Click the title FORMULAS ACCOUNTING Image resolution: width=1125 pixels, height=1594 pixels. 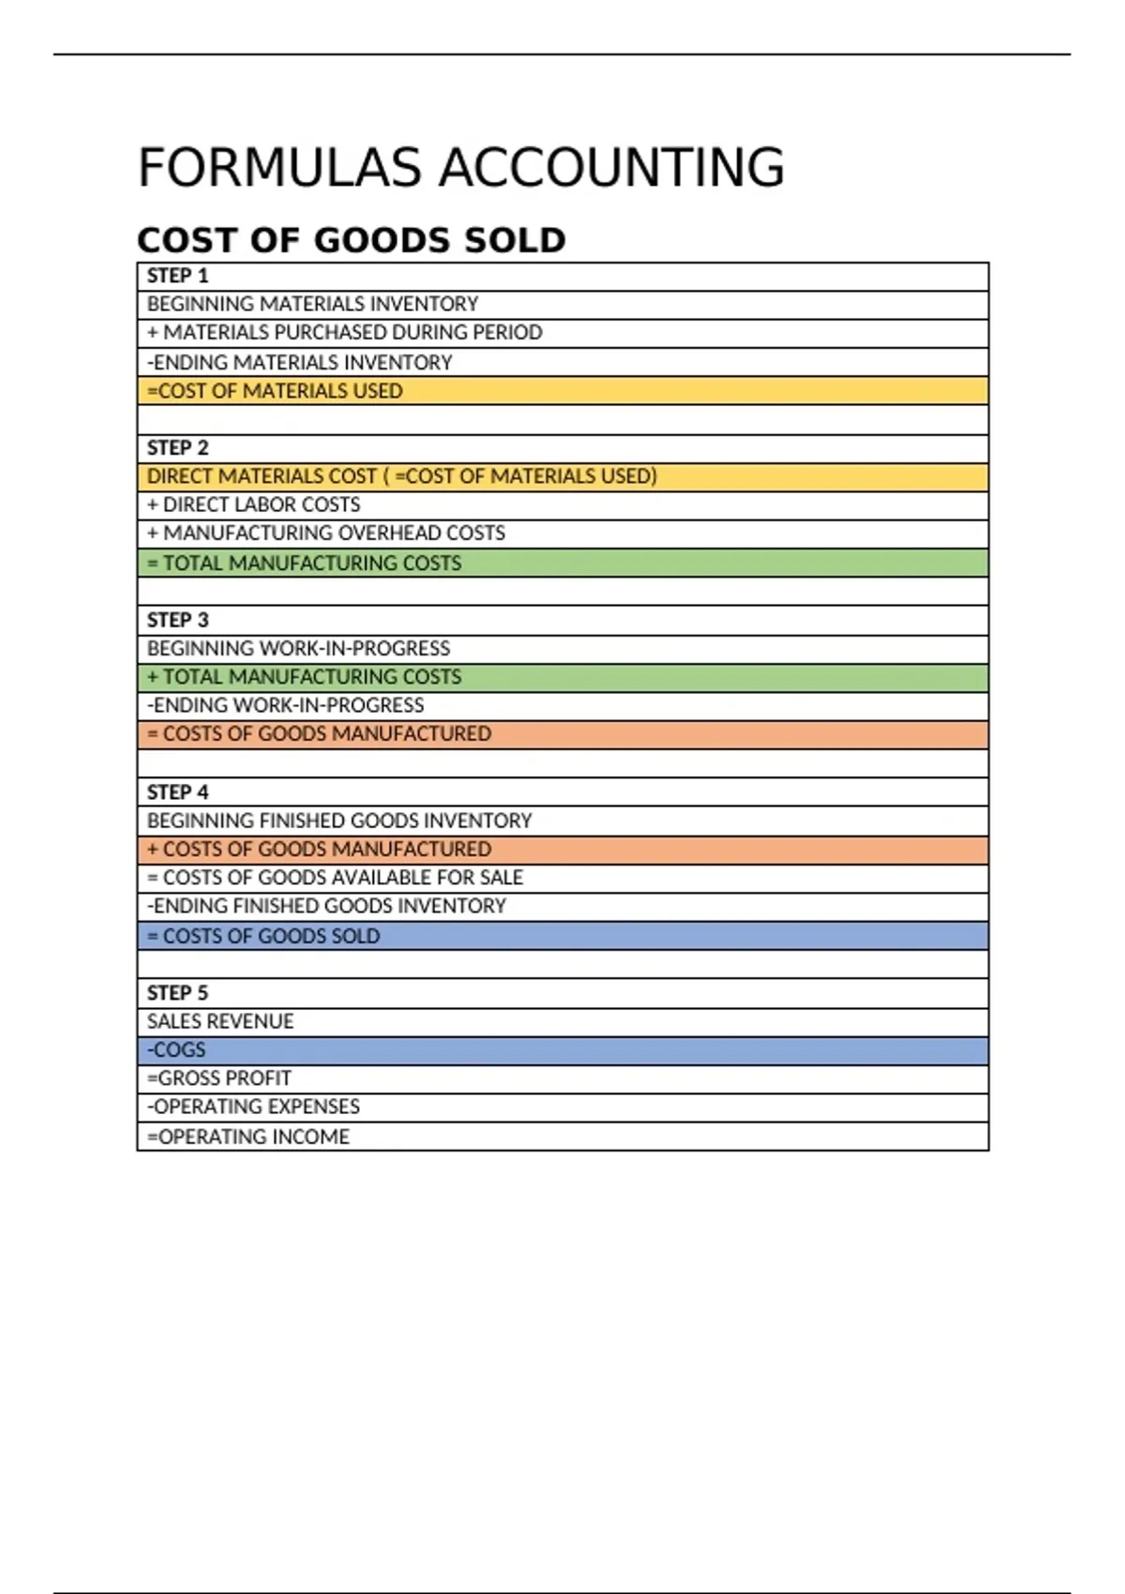(x=460, y=169)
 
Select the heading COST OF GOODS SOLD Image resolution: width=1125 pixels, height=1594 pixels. (x=352, y=240)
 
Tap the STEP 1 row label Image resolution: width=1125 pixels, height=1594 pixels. (x=178, y=276)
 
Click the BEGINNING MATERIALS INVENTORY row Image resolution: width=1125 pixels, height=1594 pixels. (x=312, y=304)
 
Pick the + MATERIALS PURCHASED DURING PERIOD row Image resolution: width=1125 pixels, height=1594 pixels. (x=344, y=333)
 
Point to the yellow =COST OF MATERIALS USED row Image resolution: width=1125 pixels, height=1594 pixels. (x=275, y=391)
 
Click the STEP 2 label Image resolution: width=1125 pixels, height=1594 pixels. (x=178, y=448)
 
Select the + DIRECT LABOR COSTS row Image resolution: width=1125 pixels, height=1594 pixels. (x=253, y=504)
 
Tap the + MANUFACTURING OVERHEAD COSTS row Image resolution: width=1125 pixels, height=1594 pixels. (x=325, y=534)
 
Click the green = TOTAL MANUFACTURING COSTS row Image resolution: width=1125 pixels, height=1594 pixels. (x=304, y=564)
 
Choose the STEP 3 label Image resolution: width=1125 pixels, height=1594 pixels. (x=178, y=621)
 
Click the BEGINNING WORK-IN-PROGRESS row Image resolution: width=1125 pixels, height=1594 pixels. (x=298, y=649)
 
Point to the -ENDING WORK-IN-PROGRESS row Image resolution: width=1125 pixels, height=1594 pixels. (x=286, y=705)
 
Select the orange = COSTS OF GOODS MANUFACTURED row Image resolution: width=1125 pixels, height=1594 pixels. (x=319, y=734)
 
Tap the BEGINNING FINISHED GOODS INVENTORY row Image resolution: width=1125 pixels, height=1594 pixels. (x=339, y=820)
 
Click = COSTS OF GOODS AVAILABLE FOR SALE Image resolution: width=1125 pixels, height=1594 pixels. (x=335, y=878)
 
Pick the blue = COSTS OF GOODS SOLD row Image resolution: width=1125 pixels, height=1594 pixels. (x=263, y=936)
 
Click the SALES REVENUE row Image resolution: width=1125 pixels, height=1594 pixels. (x=220, y=1021)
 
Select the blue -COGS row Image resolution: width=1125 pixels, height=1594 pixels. (x=176, y=1050)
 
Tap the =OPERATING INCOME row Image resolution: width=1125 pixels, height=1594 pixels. (x=248, y=1136)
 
